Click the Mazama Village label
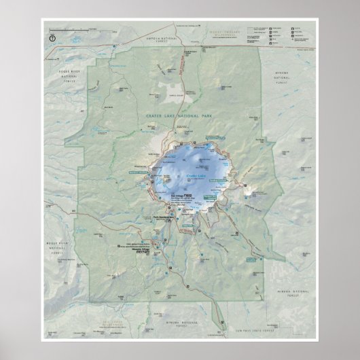140,248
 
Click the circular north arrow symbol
52,38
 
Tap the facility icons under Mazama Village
139,252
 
